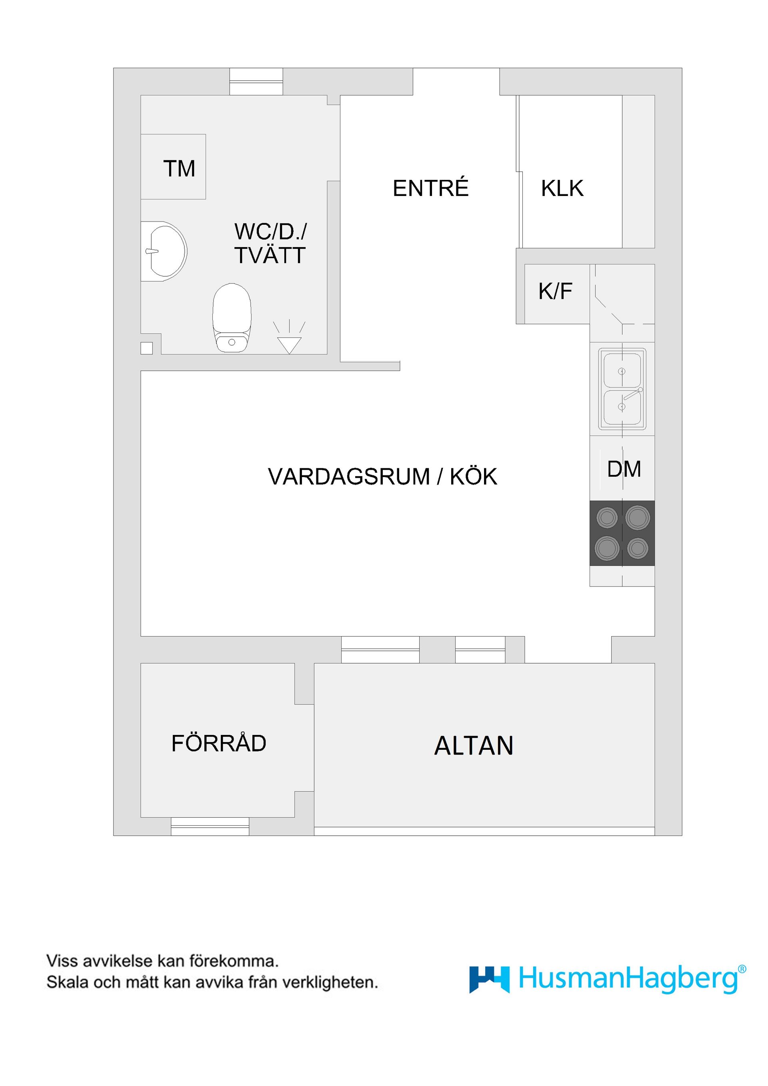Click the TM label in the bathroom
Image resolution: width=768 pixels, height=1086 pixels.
pyautogui.click(x=179, y=168)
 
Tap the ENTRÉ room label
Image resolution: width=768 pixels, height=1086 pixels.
pyautogui.click(x=430, y=188)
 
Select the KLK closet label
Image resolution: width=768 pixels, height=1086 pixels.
pyautogui.click(x=562, y=188)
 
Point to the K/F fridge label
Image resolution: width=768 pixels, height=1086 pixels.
pyautogui.click(x=555, y=291)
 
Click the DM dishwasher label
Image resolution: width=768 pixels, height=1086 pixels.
pyautogui.click(x=624, y=469)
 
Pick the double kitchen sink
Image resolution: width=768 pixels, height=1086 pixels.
pyautogui.click(x=622, y=389)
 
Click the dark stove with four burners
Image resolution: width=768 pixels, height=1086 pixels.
pyautogui.click(x=622, y=533)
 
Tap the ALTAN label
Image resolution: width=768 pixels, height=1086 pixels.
pyautogui.click(x=474, y=746)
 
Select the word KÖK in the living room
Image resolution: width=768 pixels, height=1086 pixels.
pyautogui.click(x=473, y=476)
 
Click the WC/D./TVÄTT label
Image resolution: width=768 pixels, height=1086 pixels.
pyautogui.click(x=270, y=243)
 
